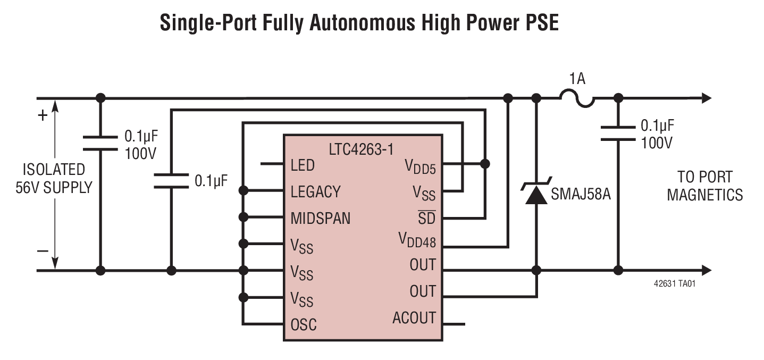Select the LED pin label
click(303, 165)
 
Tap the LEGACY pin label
click(316, 191)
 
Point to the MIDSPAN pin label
click(321, 218)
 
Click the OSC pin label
click(303, 324)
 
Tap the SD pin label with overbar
click(426, 218)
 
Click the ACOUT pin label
click(414, 318)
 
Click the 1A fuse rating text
click(577, 79)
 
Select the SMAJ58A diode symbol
click(536, 194)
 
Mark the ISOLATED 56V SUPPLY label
click(54, 178)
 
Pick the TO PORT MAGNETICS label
click(704, 186)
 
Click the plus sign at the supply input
click(43, 116)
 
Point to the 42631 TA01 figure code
click(674, 284)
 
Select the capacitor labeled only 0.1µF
click(171, 180)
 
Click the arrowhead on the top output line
click(706, 98)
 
